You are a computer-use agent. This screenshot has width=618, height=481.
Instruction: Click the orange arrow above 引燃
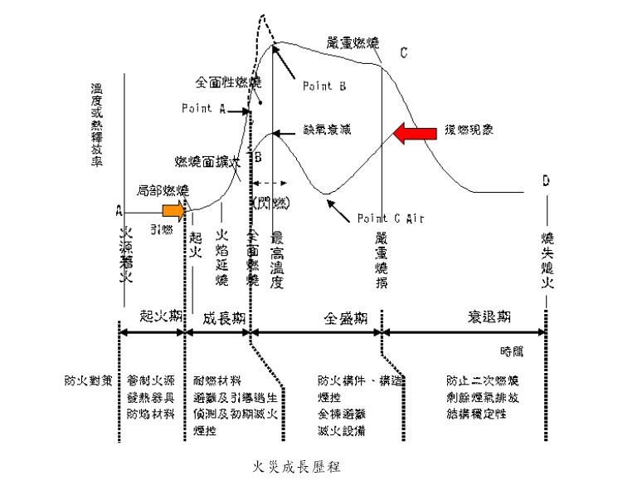(174, 209)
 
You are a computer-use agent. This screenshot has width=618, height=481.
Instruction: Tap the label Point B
(319, 86)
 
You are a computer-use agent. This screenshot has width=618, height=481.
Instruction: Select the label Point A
(203, 108)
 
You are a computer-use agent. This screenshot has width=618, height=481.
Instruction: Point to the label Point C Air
(391, 218)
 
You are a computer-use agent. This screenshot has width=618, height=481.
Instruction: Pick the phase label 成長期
(223, 317)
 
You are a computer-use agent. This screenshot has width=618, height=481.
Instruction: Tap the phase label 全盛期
(342, 317)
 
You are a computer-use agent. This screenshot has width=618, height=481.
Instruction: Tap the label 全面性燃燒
(228, 83)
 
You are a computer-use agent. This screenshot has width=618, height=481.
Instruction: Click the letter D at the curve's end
(545, 179)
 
